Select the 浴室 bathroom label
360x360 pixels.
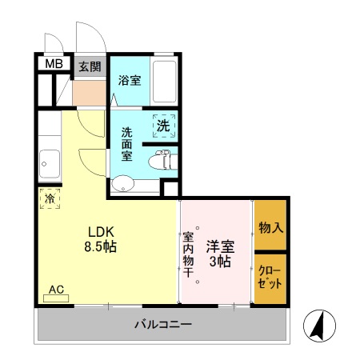point(130,81)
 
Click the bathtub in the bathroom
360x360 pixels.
point(163,81)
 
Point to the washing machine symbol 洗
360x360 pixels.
point(163,126)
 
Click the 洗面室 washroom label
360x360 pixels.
point(127,144)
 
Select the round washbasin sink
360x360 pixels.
point(122,186)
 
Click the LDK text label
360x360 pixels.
point(101,230)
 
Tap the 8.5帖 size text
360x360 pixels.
point(101,247)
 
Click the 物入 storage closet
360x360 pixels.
point(270,228)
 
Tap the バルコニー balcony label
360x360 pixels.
point(162,325)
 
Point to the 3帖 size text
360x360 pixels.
point(221,262)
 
